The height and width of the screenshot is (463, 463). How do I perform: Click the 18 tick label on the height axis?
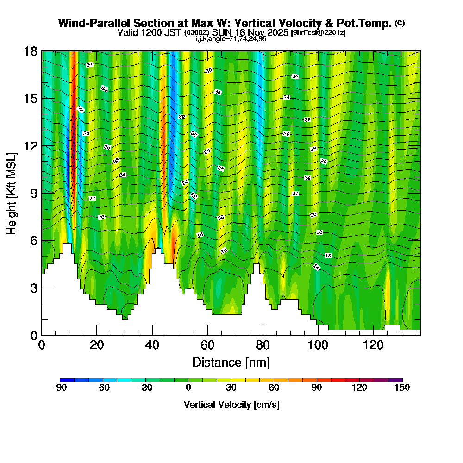pyautogui.click(x=31, y=51)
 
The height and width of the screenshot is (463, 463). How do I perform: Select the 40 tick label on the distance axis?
pyautogui.click(x=152, y=345)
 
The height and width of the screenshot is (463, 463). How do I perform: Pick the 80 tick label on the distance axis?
pyautogui.click(x=263, y=345)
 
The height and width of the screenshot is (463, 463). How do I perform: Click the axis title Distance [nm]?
pyautogui.click(x=231, y=362)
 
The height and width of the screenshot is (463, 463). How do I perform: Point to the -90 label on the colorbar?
pyautogui.click(x=60, y=388)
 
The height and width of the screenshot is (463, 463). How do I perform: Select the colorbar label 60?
pyautogui.click(x=274, y=388)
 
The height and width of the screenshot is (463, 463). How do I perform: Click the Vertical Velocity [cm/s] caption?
pyautogui.click(x=231, y=405)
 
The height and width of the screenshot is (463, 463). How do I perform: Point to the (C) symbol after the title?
pyautogui.click(x=400, y=23)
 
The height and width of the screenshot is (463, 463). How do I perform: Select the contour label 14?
pyautogui.click(x=316, y=267)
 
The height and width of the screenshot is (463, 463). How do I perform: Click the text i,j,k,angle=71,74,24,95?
pyautogui.click(x=231, y=39)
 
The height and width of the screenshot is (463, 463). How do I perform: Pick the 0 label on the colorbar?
pyautogui.click(x=188, y=388)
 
